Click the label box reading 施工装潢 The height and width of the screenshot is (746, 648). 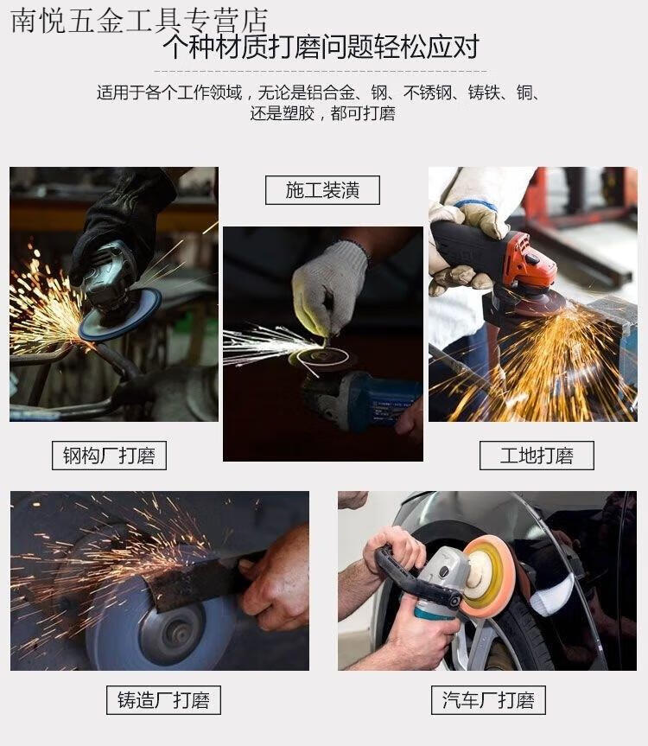click(x=322, y=190)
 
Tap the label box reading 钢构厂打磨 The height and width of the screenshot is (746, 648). click(x=109, y=456)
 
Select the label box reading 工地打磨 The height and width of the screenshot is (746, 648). click(x=537, y=456)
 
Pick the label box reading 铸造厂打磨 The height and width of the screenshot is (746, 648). click(x=163, y=700)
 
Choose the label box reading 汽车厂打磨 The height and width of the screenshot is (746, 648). click(x=488, y=700)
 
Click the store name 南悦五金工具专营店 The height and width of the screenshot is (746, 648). click(x=139, y=21)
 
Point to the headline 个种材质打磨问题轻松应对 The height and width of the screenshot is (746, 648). click(x=321, y=47)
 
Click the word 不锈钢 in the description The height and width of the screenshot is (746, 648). click(x=427, y=92)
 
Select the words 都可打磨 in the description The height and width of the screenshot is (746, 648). click(x=363, y=114)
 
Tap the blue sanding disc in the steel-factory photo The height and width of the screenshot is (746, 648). click(x=119, y=315)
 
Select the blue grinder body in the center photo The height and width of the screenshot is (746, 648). click(x=376, y=399)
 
